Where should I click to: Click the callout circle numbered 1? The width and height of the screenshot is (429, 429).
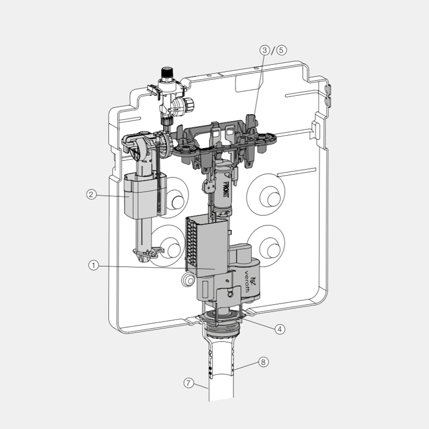coord(93,266)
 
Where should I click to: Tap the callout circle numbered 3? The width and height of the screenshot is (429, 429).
coord(264,50)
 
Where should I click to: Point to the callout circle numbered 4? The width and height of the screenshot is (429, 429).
coord(279,329)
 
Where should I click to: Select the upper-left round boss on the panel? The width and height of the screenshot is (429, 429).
coord(177,202)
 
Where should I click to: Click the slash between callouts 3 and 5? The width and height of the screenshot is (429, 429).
coord(272,50)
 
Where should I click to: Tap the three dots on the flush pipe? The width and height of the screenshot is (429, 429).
coord(210,371)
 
